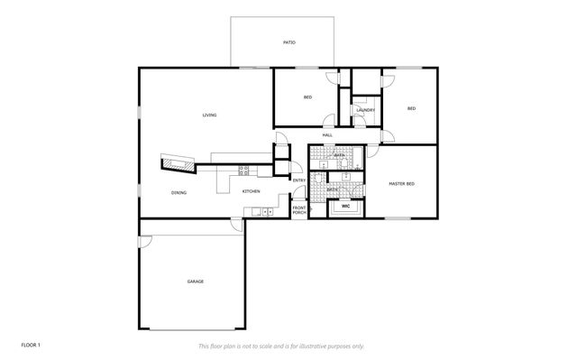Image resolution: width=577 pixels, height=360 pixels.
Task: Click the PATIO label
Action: [288, 42]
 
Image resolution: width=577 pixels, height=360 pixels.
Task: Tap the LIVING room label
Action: [209, 115]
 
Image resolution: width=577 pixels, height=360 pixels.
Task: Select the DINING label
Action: [179, 192]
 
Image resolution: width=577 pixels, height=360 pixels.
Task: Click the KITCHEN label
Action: [251, 191]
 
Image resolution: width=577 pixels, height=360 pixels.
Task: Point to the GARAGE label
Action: [195, 281]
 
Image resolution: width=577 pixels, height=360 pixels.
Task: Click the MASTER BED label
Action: [401, 184]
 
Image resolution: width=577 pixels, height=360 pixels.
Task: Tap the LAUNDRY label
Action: [365, 110]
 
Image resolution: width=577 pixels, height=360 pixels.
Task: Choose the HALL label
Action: [327, 135]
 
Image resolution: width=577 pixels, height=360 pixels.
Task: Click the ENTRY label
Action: [299, 180]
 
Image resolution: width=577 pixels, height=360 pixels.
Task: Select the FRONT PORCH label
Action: [299, 210]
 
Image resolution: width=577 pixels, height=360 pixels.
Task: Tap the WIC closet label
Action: [345, 207]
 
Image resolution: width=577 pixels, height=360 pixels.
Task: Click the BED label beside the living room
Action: [307, 97]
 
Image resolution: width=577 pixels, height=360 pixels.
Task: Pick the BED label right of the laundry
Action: [411, 109]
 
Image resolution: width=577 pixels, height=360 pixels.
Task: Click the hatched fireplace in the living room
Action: [178, 162]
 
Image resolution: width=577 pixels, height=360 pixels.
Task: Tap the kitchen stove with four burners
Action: [243, 169]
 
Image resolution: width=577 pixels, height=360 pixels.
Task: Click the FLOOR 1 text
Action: [32, 346]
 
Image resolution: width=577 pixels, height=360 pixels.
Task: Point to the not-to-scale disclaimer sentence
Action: [281, 346]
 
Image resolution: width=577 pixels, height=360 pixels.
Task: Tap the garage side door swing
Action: [145, 241]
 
